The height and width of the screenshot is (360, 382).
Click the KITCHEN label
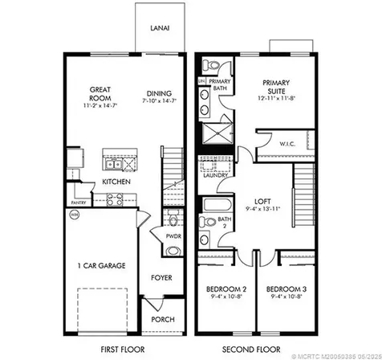pyautogui.click(x=116, y=182)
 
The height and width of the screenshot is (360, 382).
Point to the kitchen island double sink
pyautogui.click(x=116, y=166)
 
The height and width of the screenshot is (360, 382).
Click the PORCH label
pyautogui.click(x=164, y=319)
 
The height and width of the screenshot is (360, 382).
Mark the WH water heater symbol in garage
pyautogui.click(x=75, y=215)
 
